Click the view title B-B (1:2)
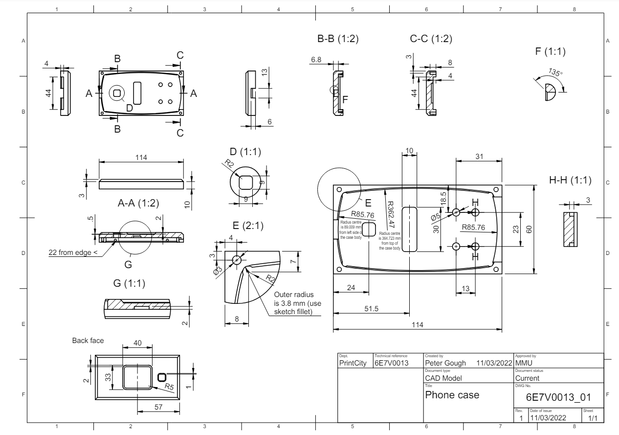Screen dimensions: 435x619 tap(338, 40)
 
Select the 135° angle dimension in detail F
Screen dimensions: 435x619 tap(555, 72)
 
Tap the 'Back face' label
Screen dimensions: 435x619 tap(88, 341)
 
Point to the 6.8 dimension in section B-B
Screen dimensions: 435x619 tap(316, 60)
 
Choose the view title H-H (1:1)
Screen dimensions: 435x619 tap(570, 180)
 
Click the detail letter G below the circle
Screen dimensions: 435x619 tap(129, 264)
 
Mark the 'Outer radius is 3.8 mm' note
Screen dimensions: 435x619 tap(295, 303)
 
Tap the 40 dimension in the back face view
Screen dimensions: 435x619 tap(137, 343)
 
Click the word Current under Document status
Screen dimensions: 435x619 tap(528, 378)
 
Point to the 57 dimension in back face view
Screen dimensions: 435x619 tap(157, 407)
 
